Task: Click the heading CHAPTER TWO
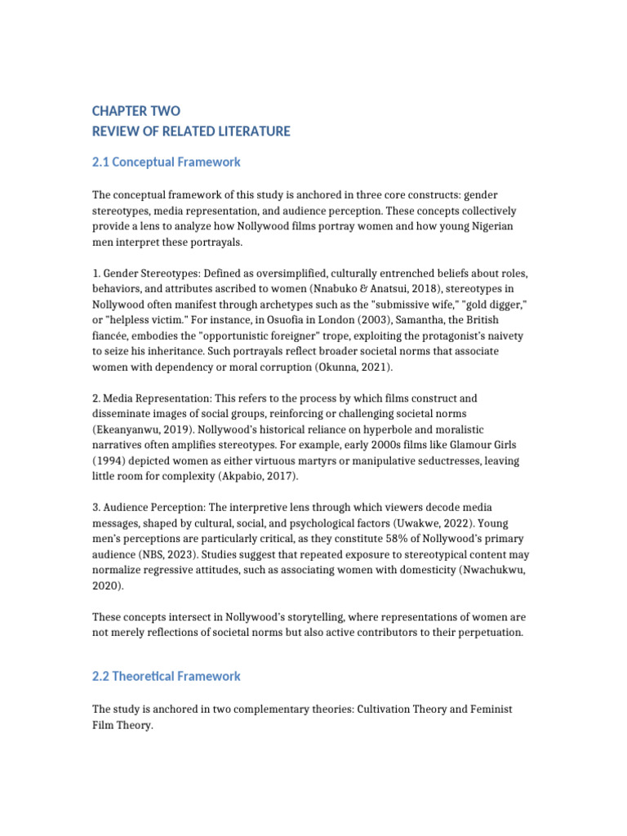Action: (x=136, y=111)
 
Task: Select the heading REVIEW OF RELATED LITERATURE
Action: (x=191, y=131)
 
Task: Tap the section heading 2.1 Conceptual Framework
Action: (x=167, y=162)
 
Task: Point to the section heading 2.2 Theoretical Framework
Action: (x=167, y=676)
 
